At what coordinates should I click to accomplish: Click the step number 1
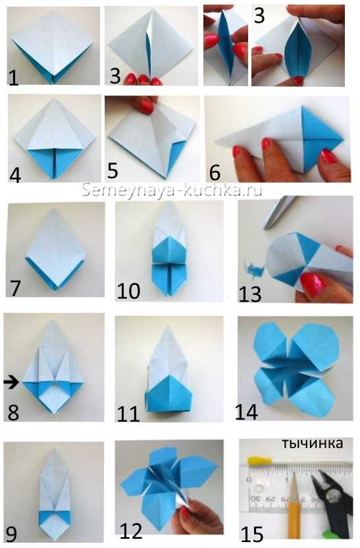pos(13,78)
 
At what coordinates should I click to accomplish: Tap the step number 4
pos(15,175)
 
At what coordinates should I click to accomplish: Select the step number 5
pos(113,170)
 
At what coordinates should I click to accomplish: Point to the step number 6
pos(215,172)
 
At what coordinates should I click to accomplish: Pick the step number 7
pos(15,288)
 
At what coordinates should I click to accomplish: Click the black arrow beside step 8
pos(12,382)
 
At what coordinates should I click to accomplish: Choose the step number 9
pos(11,534)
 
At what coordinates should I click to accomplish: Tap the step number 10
pos(128,291)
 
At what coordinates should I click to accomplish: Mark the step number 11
pos(128,414)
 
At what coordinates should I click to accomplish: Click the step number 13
pos(250,294)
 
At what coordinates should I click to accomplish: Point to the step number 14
pos(247,412)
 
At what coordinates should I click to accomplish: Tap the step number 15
pos(252,534)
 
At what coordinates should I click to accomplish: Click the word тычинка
pos(312,443)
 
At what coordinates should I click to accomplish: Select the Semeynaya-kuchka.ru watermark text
pos(172,190)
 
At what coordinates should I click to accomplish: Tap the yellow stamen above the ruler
pos(260,460)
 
